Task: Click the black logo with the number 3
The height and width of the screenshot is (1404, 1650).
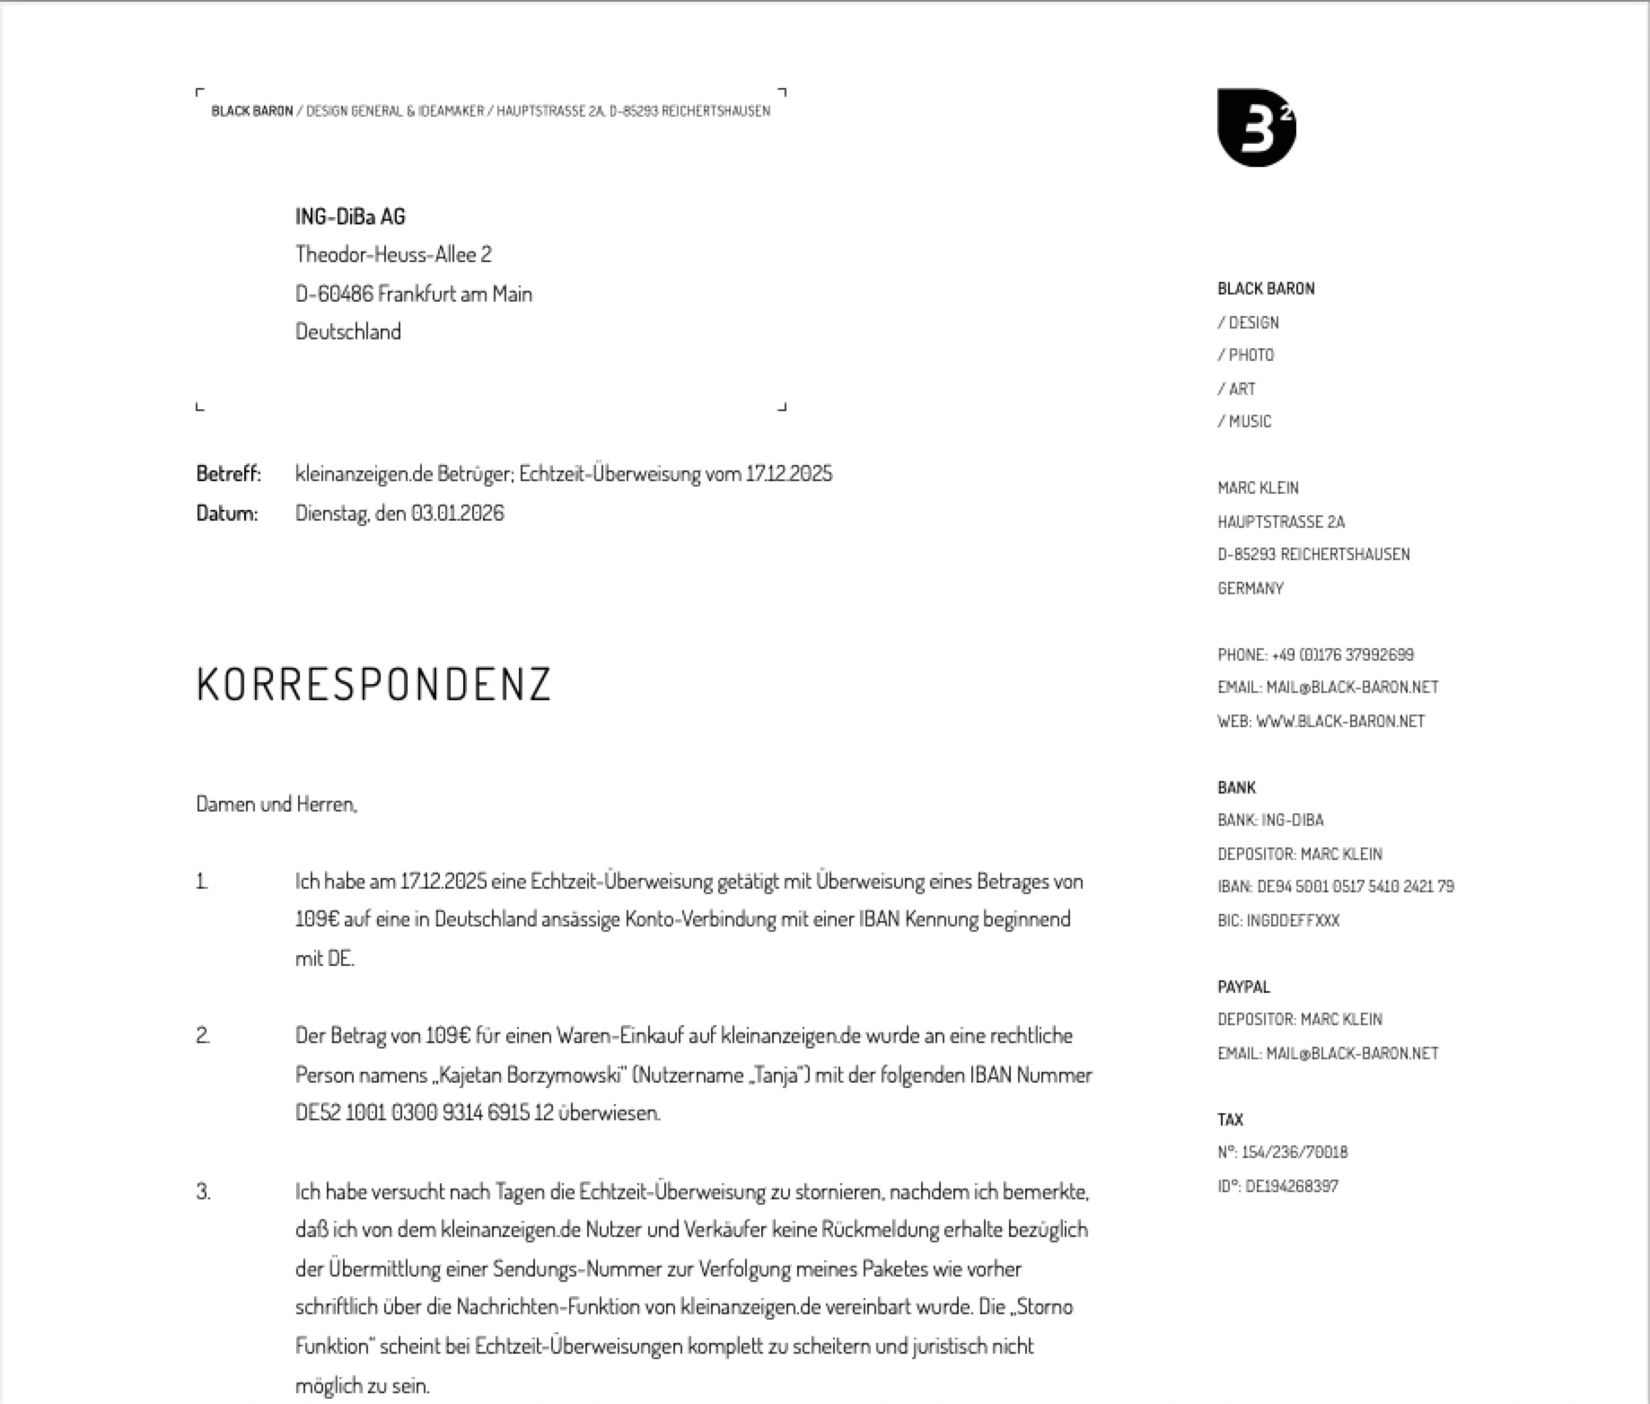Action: (1256, 127)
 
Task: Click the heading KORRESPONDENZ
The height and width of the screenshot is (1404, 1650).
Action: (373, 684)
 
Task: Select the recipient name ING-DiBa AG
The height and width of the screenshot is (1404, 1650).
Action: (350, 216)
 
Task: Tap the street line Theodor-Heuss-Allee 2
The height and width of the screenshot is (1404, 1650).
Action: (393, 255)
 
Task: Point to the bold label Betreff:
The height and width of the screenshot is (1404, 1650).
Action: (228, 473)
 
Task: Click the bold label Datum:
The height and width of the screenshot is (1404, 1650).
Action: (226, 513)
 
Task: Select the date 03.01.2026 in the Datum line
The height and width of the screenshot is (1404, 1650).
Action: (458, 513)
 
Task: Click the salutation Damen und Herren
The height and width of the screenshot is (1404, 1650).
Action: (276, 804)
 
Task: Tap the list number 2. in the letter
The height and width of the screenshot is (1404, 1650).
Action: (203, 1036)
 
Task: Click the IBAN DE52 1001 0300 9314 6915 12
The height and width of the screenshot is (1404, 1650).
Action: (425, 1113)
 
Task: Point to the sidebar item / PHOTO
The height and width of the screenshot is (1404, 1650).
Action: (1246, 355)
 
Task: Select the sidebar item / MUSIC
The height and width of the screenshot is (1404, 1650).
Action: (1245, 422)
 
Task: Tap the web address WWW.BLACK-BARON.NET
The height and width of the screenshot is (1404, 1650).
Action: (1339, 722)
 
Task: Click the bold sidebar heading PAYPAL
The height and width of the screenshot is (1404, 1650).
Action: (1243, 987)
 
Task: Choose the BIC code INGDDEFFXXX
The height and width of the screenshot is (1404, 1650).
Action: (1293, 921)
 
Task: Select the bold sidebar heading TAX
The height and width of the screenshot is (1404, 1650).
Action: (1230, 1120)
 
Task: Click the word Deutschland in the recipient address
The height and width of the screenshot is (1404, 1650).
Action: (348, 332)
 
